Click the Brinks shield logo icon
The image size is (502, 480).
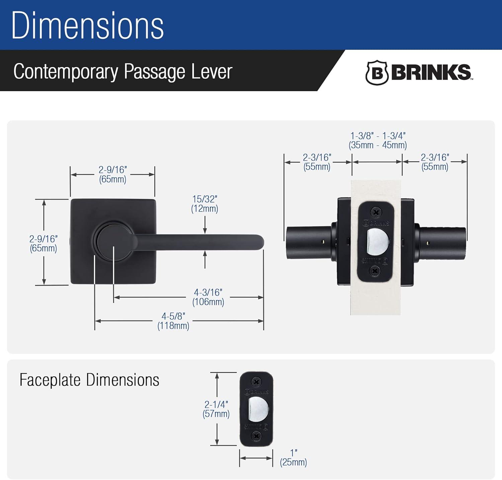(x=377, y=73)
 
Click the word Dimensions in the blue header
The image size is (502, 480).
(x=87, y=26)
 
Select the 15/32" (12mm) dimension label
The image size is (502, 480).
(x=204, y=204)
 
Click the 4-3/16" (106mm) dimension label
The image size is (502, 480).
(x=208, y=297)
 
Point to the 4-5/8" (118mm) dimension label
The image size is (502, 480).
(x=173, y=321)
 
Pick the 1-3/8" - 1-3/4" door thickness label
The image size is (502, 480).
(x=378, y=140)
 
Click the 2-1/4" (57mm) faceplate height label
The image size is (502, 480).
(x=216, y=409)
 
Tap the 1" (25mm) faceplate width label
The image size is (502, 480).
(x=294, y=458)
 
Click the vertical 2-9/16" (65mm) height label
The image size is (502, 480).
(x=43, y=244)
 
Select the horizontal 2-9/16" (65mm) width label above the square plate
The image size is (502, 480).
(x=112, y=174)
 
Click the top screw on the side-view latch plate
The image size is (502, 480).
(x=376, y=212)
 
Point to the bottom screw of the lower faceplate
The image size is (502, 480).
(x=256, y=436)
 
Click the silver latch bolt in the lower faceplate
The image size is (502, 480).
(x=258, y=409)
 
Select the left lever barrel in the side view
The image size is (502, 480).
(x=309, y=243)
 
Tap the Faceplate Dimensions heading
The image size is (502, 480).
(x=89, y=380)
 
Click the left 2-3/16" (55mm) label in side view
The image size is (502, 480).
(x=317, y=162)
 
